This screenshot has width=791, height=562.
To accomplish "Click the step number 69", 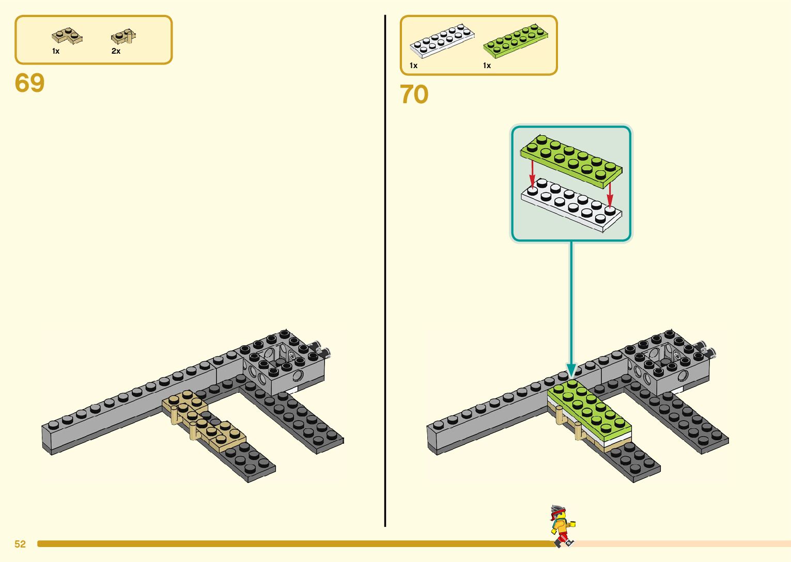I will pos(29,83).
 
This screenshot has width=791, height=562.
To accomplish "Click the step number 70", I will pos(414,94).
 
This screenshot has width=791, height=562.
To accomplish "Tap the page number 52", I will pos(20,544).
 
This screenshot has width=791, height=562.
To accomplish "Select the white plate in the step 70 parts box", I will pos(442,40).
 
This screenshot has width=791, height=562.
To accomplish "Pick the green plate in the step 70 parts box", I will pos(515,40).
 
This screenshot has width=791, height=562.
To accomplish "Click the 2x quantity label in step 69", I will pos(116,51).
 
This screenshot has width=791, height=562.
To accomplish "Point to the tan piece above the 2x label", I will pos(123,37).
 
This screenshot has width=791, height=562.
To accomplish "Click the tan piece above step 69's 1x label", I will pos(67,37).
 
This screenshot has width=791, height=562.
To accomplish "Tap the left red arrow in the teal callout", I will pos(532,172).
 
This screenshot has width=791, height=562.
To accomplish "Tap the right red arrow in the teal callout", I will pos(610,194).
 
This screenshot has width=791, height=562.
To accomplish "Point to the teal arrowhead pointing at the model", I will pos(571,371).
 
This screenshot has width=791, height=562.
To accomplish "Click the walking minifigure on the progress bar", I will pos(562,525).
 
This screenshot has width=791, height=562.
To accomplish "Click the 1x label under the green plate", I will pos(487,66).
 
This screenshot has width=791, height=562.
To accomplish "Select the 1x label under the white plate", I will pos(413,66).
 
